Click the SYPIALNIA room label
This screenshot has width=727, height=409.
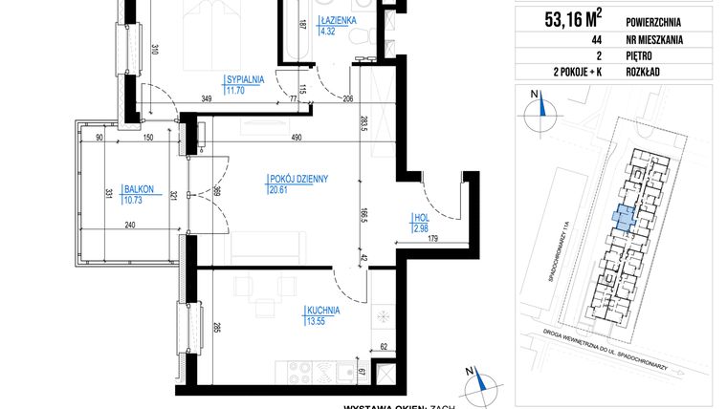pos(245,79)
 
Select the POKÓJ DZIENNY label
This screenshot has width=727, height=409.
pos(298,179)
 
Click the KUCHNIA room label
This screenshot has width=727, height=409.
pos(324,310)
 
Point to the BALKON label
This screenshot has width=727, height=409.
pos(124,189)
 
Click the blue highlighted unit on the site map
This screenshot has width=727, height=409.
pos(623,217)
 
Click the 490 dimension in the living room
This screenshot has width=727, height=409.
pos(296,138)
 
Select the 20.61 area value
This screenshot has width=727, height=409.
pos(279,189)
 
